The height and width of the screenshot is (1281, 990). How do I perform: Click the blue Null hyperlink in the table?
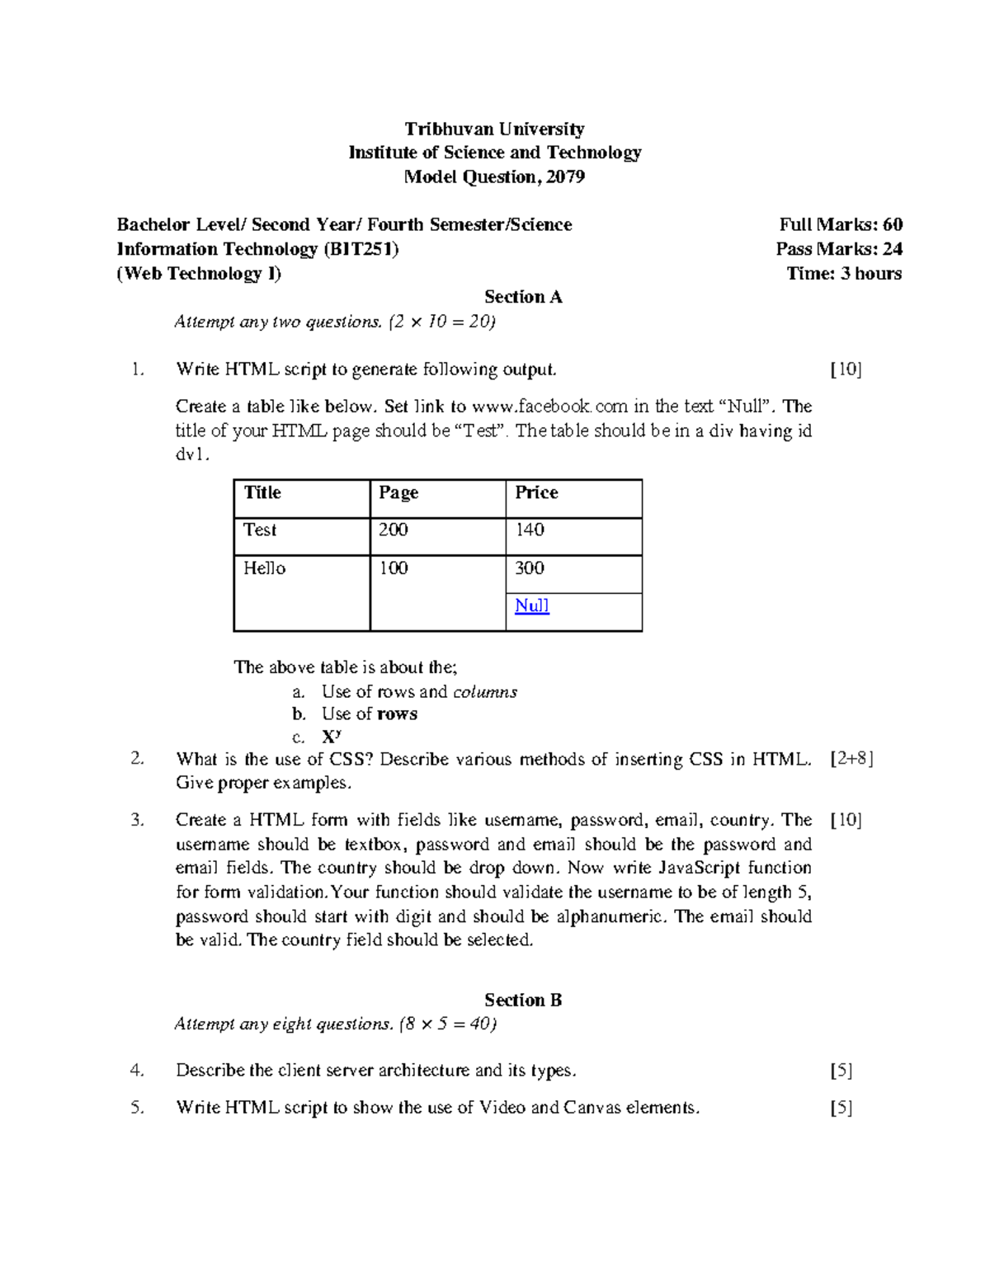[x=531, y=606]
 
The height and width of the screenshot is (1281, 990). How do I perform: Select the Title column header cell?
[x=301, y=498]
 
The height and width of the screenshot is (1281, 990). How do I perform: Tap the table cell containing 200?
[x=437, y=535]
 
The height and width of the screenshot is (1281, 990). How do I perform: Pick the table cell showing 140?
[x=573, y=535]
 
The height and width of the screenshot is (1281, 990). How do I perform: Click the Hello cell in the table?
[x=301, y=592]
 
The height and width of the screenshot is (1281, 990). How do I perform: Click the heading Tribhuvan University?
[x=494, y=129]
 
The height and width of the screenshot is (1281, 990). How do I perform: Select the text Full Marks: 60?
[x=840, y=224]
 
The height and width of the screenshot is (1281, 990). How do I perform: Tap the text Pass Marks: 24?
[x=838, y=249]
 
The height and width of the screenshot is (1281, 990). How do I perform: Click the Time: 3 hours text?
[x=843, y=274]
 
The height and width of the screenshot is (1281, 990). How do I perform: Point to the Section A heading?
[x=523, y=297]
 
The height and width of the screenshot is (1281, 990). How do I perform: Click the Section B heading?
[x=523, y=1001]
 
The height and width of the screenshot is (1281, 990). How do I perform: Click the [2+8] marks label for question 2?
[x=851, y=759]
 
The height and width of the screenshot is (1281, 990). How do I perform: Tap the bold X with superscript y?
[x=331, y=737]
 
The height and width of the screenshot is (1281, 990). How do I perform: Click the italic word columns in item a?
[x=485, y=692]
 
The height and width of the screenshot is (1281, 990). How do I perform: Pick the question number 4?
[x=137, y=1071]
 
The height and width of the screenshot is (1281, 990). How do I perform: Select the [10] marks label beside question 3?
[x=846, y=820]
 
